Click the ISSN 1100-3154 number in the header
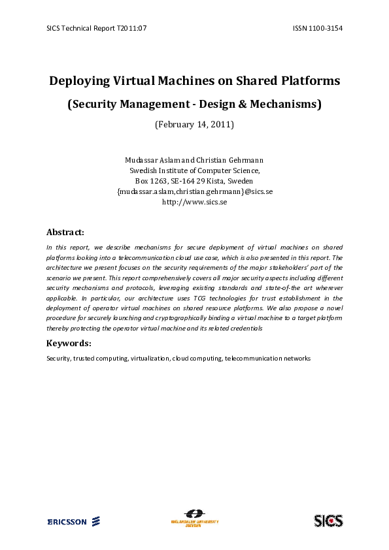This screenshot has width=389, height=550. coord(319,28)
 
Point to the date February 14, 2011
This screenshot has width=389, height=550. coord(194,123)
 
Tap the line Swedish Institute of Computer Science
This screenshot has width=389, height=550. coord(194,170)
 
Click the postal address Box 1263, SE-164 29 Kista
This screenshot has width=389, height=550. coord(194,181)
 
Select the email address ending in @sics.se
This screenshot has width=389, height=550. coord(194,191)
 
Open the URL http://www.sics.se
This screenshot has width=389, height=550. coord(194,202)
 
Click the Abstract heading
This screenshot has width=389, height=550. coord(65,232)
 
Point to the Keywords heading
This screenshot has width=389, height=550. coord(69,343)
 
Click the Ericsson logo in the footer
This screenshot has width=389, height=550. coord(73,521)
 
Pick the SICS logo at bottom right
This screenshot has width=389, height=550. coord(328,521)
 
